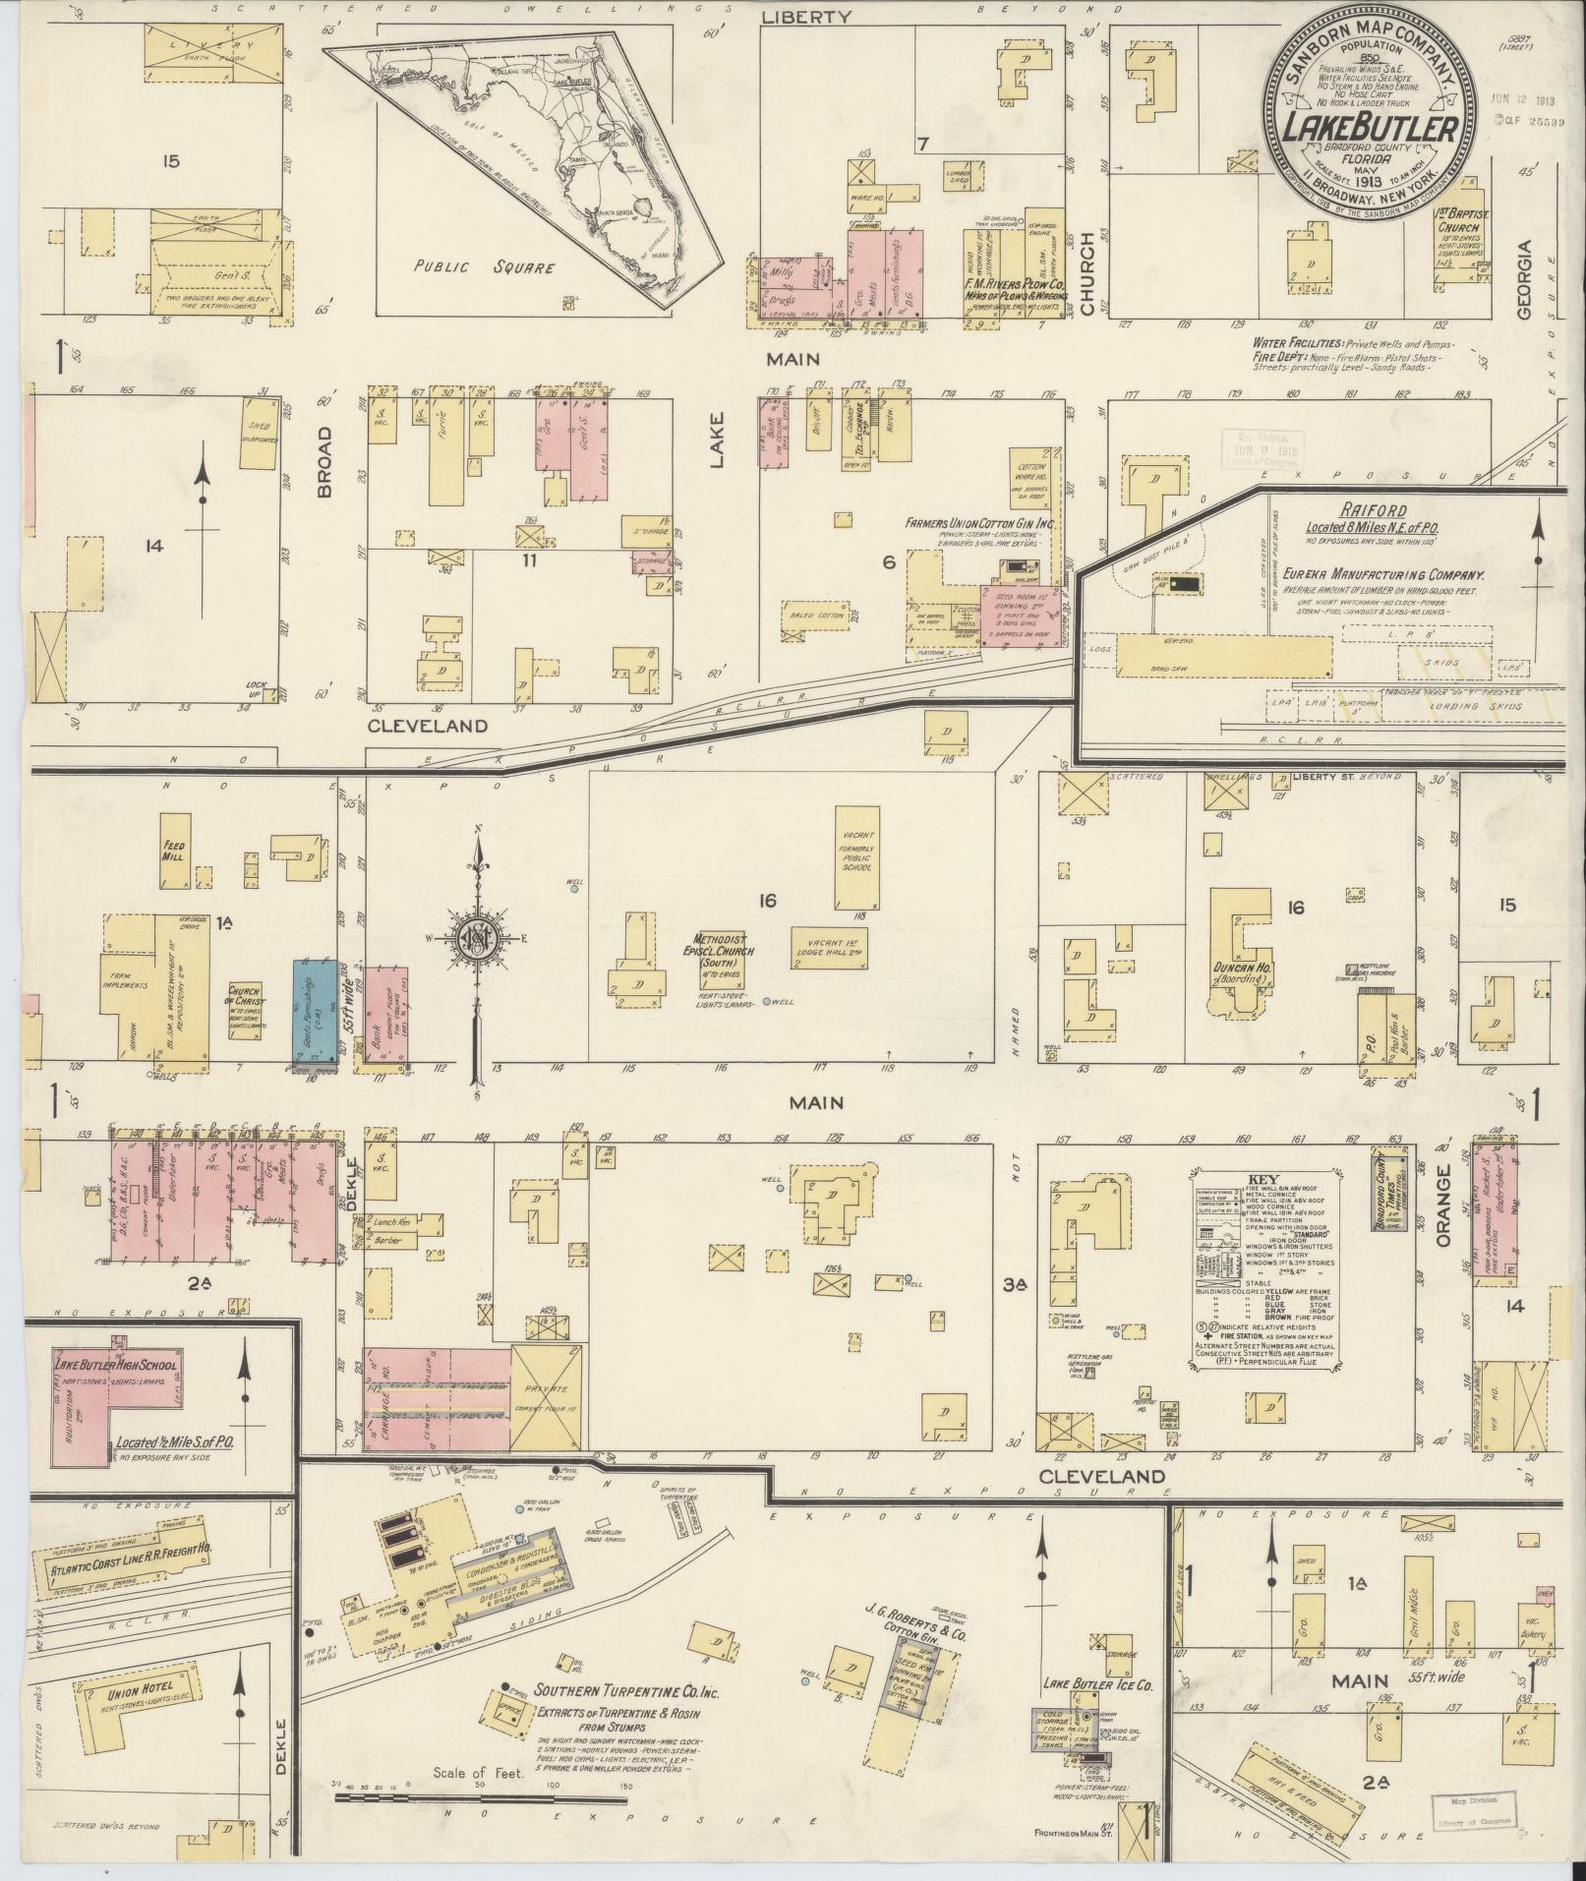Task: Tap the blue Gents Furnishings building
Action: pyautogui.click(x=316, y=1013)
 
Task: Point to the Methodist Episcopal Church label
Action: pyautogui.click(x=723, y=951)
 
